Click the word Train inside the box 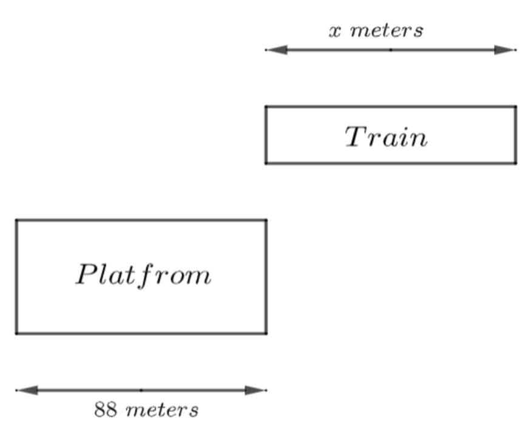pos(386,137)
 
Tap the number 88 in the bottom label pos(106,410)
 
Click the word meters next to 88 pos(161,410)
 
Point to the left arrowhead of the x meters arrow pos(276,50)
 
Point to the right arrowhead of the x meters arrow pos(505,50)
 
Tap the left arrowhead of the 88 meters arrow pos(27,390)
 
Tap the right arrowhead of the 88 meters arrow pos(255,390)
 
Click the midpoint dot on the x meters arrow pos(390,50)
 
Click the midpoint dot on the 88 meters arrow pos(141,390)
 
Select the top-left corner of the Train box pos(266,107)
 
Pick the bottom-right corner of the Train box pos(516,163)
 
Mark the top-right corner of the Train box pos(516,107)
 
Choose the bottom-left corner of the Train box pos(266,163)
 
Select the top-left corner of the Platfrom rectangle pos(16,220)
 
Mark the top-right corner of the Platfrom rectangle pos(266,220)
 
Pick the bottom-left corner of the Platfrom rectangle pos(16,333)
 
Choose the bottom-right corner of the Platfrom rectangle pos(266,333)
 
